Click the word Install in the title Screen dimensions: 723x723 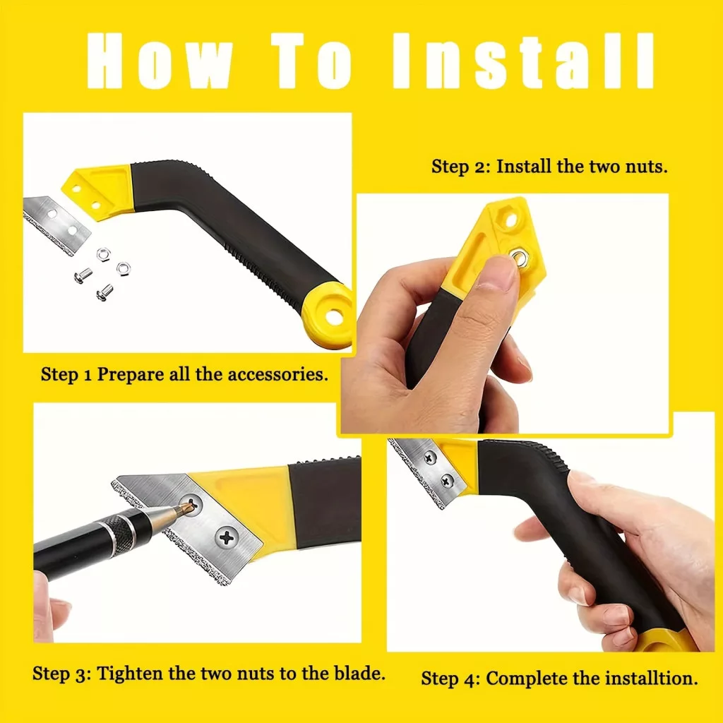click(523, 61)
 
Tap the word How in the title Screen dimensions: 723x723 click(159, 61)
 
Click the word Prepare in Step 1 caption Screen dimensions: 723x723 click(130, 374)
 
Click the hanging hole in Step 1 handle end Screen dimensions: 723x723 click(333, 316)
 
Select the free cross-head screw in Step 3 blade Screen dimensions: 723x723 click(227, 537)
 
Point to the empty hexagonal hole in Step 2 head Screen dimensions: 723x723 click(510, 220)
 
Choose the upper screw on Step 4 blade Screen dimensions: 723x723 click(430, 458)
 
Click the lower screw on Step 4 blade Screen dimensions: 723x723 click(446, 481)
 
